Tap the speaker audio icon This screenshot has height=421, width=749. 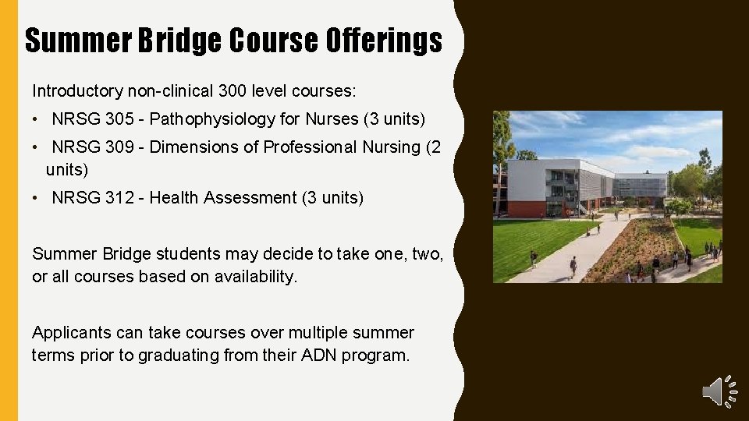pyautogui.click(x=719, y=390)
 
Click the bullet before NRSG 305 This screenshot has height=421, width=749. pyautogui.click(x=37, y=120)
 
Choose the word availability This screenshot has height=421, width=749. pyautogui.click(x=257, y=277)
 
